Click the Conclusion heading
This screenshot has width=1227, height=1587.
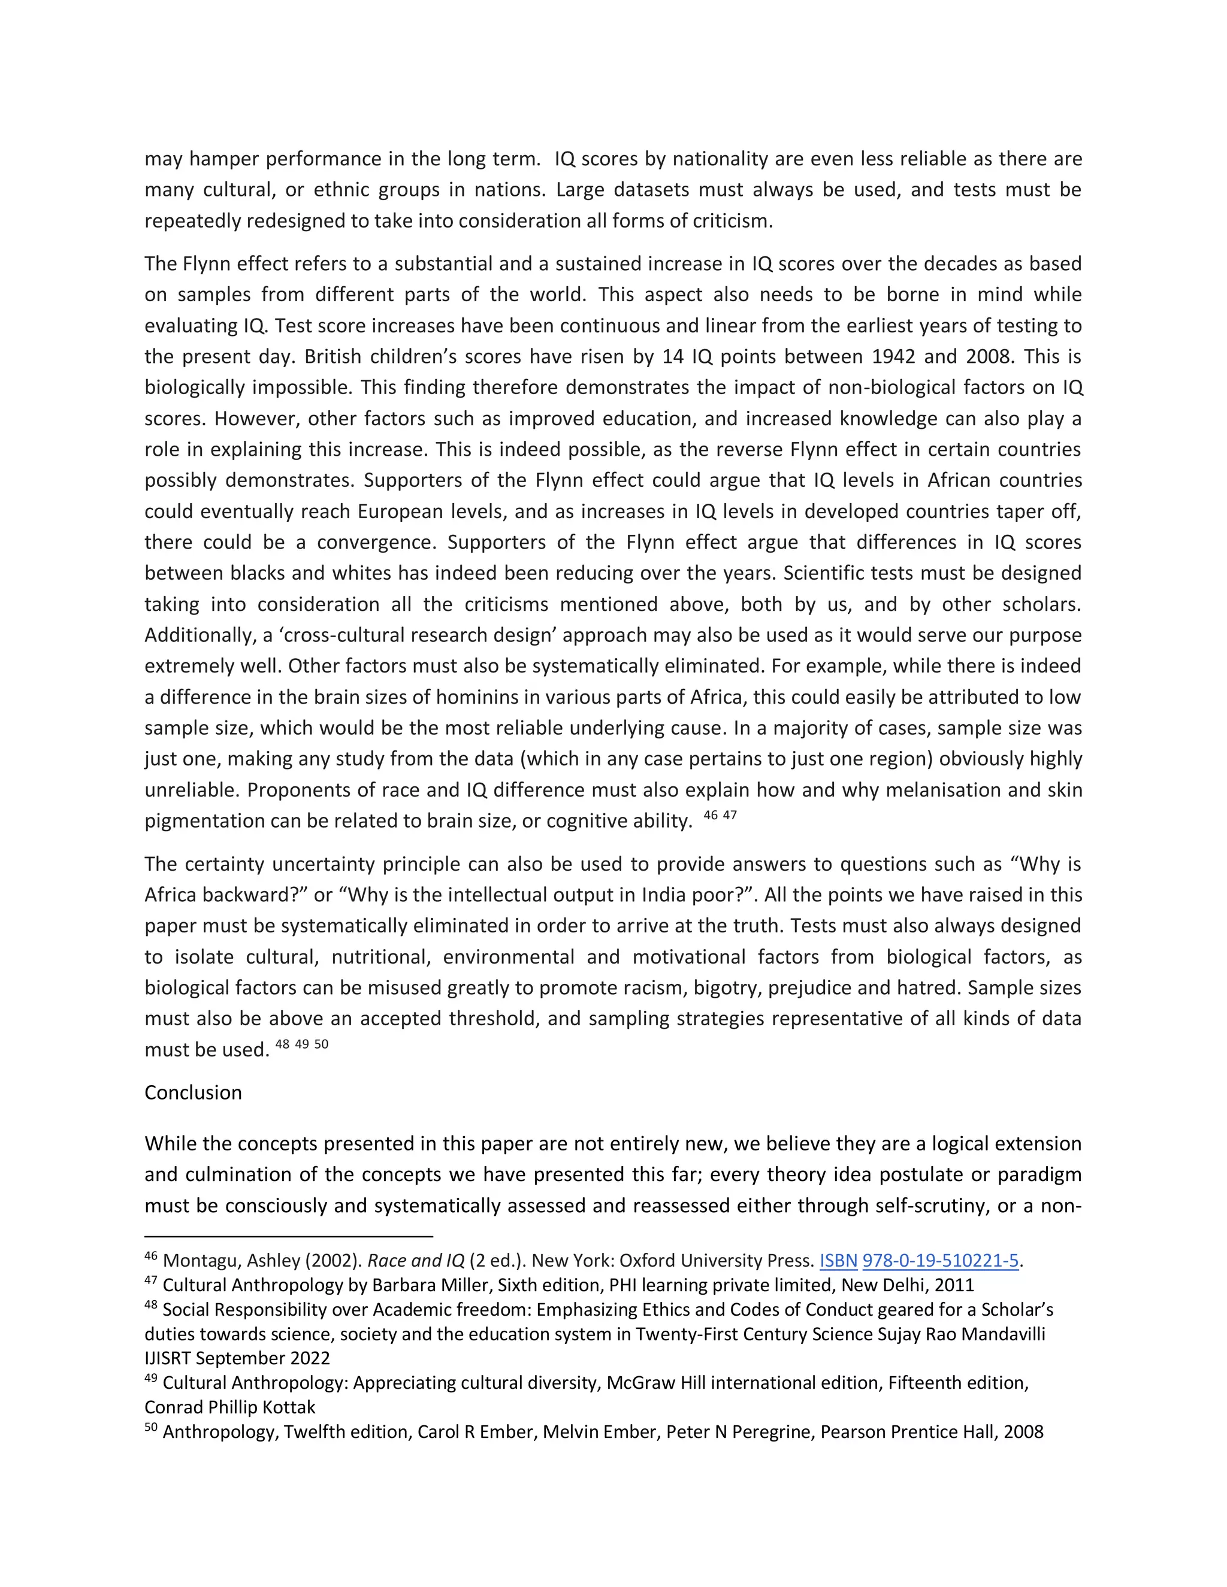(193, 1093)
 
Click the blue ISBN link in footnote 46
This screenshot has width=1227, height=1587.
(838, 1261)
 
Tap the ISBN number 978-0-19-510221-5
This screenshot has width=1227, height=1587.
(940, 1261)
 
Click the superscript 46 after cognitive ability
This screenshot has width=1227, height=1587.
(710, 815)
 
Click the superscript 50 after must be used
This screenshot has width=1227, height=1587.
(321, 1044)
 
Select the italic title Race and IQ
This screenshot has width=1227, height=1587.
(416, 1261)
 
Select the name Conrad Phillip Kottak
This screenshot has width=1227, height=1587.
(229, 1407)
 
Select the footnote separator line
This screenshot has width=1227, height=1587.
(289, 1236)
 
